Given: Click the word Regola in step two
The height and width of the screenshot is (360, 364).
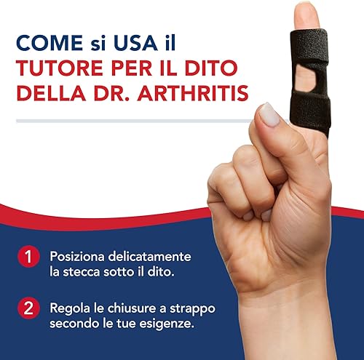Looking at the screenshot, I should coord(70,308).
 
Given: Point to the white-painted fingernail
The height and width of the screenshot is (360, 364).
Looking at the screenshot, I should coord(270,115).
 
